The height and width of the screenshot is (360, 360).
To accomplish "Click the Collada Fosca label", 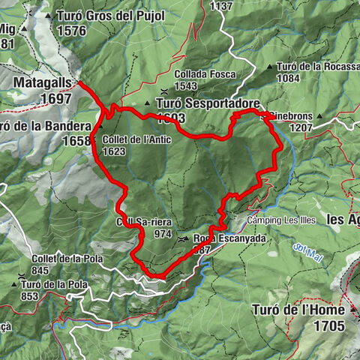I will click(205, 74).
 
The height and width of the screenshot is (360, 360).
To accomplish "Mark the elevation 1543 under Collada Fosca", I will click(186, 85).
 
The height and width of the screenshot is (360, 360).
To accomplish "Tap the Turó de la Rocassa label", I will click(319, 66).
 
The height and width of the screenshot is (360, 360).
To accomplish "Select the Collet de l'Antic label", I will click(131, 140).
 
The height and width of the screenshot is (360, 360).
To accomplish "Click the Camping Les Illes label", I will click(280, 220).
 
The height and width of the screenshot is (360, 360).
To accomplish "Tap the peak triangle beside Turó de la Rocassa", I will click(278, 66).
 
